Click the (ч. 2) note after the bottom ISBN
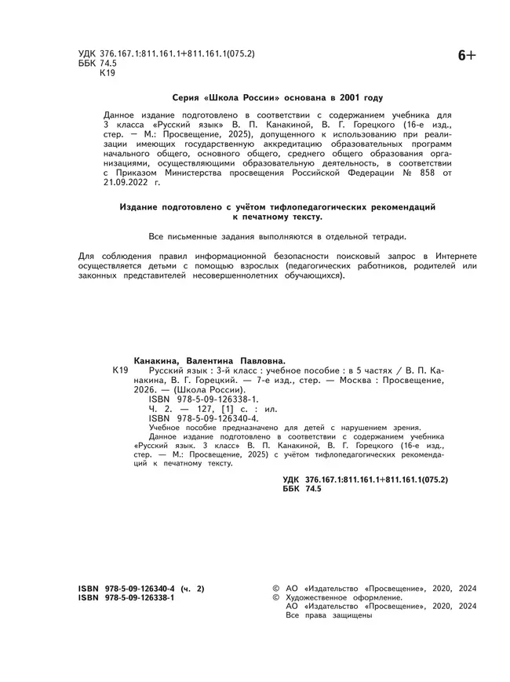pyautogui.click(x=191, y=587)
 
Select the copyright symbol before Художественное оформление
pyautogui.click(x=275, y=597)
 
